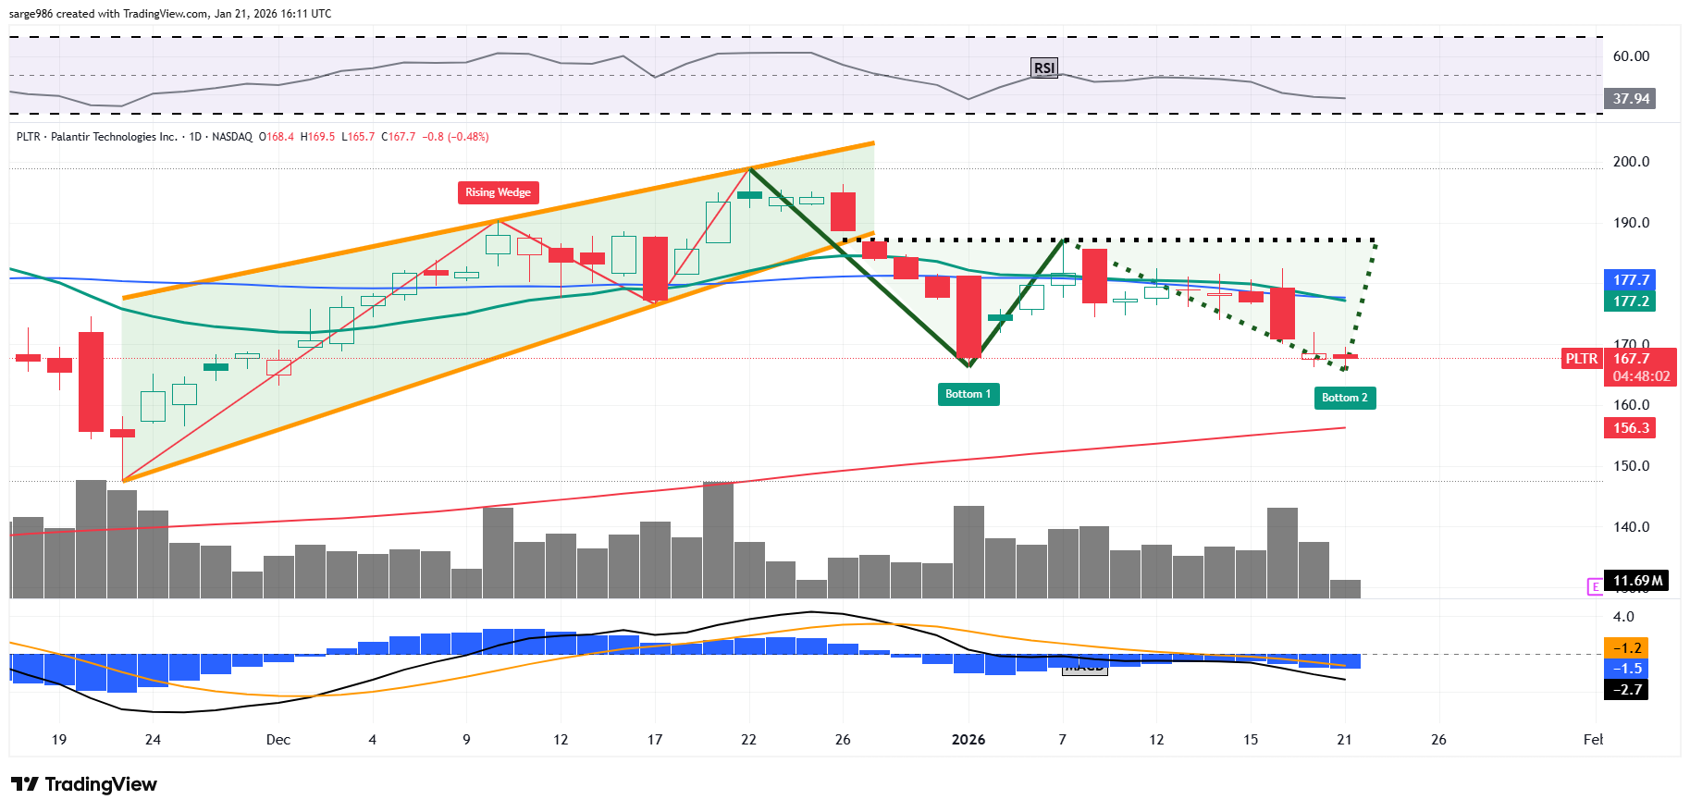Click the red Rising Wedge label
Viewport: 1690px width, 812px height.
(498, 192)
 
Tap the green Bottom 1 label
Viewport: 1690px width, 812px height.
(968, 394)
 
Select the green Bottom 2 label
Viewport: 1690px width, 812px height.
(1344, 398)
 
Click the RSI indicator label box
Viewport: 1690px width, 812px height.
(1043, 68)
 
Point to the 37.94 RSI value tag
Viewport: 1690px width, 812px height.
(1631, 99)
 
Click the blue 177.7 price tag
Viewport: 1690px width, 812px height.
(1631, 279)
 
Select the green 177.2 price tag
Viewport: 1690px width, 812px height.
(1631, 301)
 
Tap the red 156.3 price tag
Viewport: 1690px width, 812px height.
(1631, 428)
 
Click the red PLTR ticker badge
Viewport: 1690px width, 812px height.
(1581, 359)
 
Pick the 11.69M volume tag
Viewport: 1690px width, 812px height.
(1636, 581)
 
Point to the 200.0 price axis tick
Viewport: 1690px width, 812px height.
(1631, 162)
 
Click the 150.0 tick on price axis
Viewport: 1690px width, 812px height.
(1631, 466)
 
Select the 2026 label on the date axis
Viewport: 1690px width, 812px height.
(968, 740)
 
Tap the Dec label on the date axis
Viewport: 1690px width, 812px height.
(278, 740)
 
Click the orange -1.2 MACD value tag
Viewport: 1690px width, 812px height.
(1626, 648)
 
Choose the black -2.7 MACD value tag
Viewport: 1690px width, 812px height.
(1626, 690)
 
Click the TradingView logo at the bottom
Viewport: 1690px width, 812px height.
(85, 784)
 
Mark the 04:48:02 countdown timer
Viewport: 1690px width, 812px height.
(1641, 376)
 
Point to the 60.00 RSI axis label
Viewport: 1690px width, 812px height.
(1631, 56)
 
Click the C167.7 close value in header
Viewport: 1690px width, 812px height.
(401, 137)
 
